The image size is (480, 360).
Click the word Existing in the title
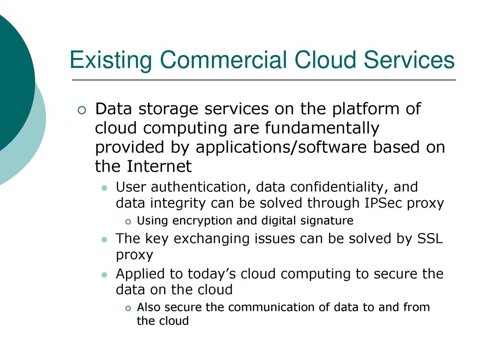(x=111, y=60)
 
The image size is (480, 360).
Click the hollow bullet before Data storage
(x=82, y=110)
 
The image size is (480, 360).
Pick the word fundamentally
(x=322, y=128)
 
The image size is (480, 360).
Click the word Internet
(x=159, y=166)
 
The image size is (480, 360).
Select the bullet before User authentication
(x=105, y=187)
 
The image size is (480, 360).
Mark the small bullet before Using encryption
(x=128, y=222)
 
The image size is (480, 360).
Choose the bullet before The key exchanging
(x=105, y=240)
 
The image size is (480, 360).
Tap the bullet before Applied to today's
(x=105, y=275)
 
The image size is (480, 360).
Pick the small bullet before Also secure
(x=128, y=308)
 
